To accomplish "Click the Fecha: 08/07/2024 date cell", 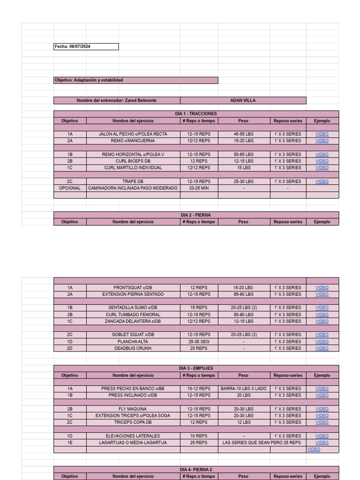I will (86, 47).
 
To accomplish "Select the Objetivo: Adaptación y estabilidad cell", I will (136, 80).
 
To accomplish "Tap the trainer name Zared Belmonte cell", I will (117, 100).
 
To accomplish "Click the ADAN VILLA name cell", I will (243, 100).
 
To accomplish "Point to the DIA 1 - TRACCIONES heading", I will (196, 114).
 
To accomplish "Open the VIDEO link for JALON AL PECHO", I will (322, 134).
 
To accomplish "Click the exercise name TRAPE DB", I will (133, 181).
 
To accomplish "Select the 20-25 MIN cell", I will (199, 188).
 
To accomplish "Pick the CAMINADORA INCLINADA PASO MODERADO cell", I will (133, 188).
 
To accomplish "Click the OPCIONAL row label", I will (70, 188).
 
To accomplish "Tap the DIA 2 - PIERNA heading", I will (196, 215).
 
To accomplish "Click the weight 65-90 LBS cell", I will (244, 294).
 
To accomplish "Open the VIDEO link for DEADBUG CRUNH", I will (322, 348).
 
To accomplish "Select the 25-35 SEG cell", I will (199, 342).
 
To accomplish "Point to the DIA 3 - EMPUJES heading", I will (196, 368).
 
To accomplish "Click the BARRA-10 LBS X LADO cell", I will (244, 389).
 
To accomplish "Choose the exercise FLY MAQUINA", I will (133, 409).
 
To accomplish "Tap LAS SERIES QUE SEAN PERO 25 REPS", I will (262, 442).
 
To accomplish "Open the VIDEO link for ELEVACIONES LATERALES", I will (322, 436).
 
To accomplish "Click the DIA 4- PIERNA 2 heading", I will (196, 469).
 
